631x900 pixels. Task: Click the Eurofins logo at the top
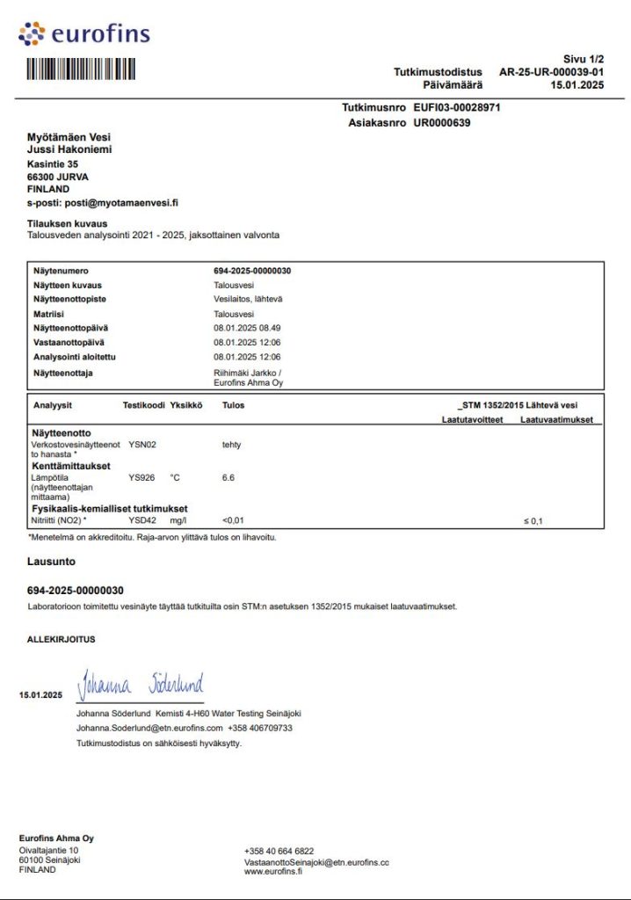click(84, 34)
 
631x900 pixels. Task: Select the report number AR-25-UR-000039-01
click(551, 71)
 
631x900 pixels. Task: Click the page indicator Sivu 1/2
click(584, 58)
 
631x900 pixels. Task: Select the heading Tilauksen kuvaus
click(68, 223)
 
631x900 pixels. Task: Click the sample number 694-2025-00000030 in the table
click(252, 271)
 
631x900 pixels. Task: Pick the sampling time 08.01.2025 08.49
click(247, 328)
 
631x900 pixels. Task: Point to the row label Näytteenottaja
click(63, 373)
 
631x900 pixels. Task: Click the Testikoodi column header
click(143, 405)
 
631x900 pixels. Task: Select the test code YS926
click(141, 477)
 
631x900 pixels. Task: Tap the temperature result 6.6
click(229, 477)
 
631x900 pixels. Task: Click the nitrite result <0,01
click(234, 521)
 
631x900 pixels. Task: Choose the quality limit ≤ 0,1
click(533, 521)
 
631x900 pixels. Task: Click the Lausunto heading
click(52, 560)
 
